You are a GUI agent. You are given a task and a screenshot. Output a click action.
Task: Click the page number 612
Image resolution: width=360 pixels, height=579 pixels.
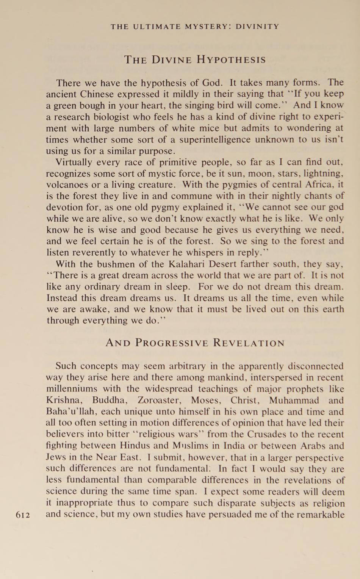pyautogui.click(x=23, y=515)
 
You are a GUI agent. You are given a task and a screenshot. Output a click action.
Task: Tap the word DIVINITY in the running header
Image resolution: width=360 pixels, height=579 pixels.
pyautogui.click(x=257, y=27)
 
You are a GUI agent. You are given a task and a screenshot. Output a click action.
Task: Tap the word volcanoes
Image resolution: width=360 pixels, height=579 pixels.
pyautogui.click(x=66, y=185)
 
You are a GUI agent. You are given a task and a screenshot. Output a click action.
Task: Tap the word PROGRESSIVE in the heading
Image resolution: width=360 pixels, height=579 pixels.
pyautogui.click(x=172, y=343)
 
